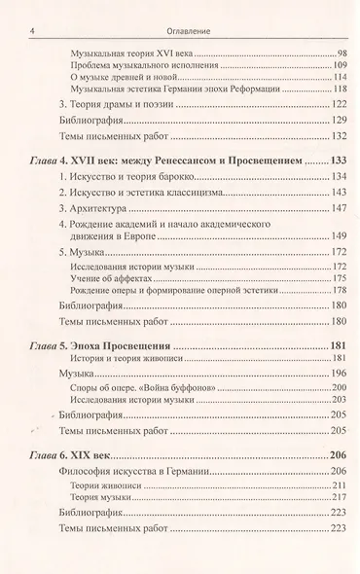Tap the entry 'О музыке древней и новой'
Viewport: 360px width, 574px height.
[125, 76]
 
